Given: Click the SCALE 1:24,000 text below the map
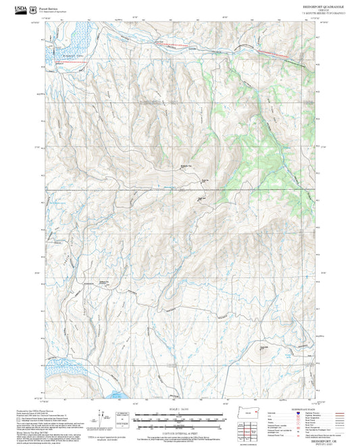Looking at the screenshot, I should tap(179, 408).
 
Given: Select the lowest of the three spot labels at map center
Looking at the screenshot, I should tap(201, 199).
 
